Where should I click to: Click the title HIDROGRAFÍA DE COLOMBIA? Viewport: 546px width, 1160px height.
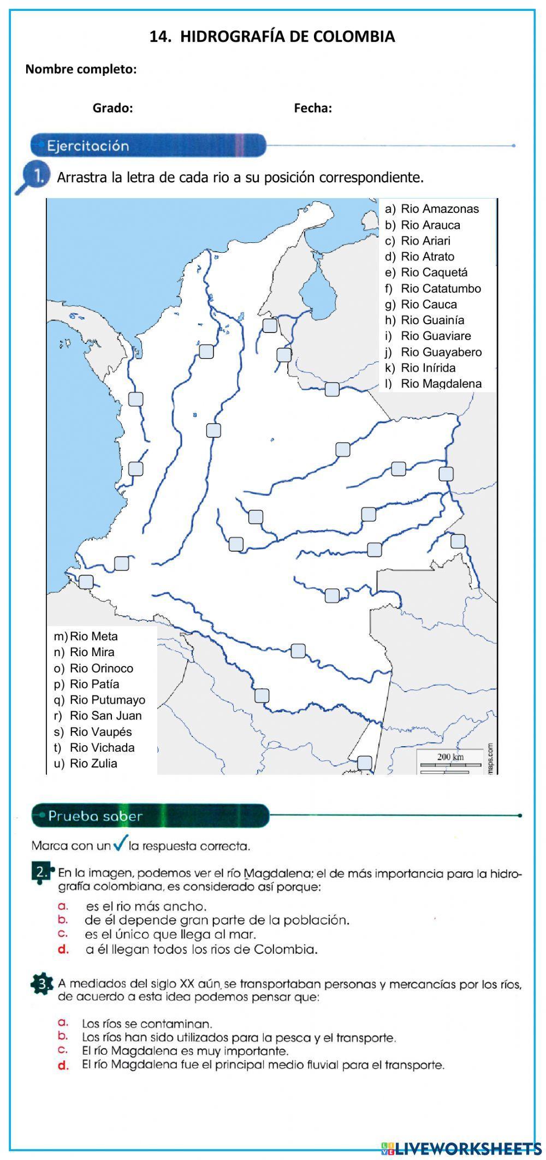(x=272, y=37)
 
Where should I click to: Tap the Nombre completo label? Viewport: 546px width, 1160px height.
(x=81, y=69)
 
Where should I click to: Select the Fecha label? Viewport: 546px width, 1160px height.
(x=313, y=108)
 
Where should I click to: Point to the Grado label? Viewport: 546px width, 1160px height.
(x=112, y=108)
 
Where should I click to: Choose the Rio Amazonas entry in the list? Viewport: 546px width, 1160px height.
(x=432, y=209)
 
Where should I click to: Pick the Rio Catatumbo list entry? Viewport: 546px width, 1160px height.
(x=434, y=288)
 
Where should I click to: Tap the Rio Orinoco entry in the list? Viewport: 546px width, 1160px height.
(x=94, y=668)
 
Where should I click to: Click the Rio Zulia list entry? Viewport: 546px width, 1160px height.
(x=86, y=763)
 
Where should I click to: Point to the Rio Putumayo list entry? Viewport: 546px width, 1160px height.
(x=100, y=700)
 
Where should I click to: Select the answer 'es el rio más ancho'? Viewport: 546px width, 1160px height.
(x=146, y=907)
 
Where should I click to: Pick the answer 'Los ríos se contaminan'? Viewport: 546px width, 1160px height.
(x=146, y=1024)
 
